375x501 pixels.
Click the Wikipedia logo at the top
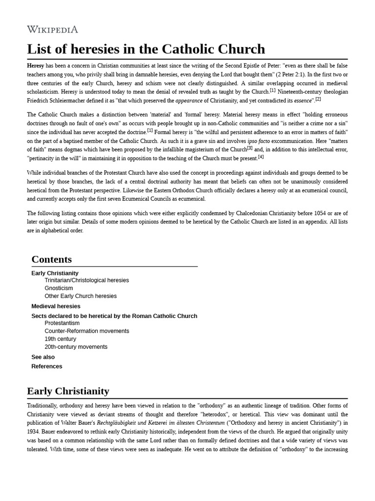pyautogui.click(x=52, y=29)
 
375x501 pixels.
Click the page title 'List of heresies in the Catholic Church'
pyautogui.click(x=146, y=49)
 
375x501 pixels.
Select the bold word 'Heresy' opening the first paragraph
pyautogui.click(x=36, y=65)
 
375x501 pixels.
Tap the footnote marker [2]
pyautogui.click(x=318, y=99)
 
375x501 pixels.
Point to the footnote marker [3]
pyautogui.click(x=250, y=148)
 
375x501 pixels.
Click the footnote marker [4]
pyautogui.click(x=261, y=157)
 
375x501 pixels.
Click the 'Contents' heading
pyautogui.click(x=51, y=259)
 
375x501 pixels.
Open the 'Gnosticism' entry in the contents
pyautogui.click(x=59, y=288)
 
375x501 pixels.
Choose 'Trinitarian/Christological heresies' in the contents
pyautogui.click(x=86, y=280)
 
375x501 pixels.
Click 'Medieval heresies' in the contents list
pyautogui.click(x=56, y=306)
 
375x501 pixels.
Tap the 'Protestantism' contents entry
pyautogui.click(x=62, y=323)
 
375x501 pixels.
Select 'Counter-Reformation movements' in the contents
pyautogui.click(x=86, y=331)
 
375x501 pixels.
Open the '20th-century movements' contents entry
pyautogui.click(x=76, y=347)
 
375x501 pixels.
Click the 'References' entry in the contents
pyautogui.click(x=46, y=366)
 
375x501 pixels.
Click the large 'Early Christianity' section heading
pyautogui.click(x=68, y=391)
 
